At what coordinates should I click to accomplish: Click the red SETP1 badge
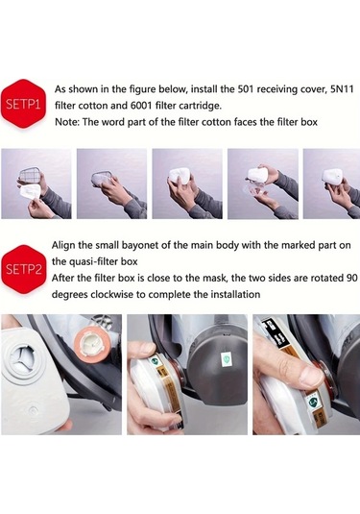click(23, 104)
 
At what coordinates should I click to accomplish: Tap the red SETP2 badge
click(23, 269)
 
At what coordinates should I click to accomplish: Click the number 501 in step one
click(246, 89)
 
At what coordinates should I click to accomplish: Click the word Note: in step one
click(67, 122)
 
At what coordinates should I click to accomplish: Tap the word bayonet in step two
click(140, 245)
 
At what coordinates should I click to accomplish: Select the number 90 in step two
click(351, 278)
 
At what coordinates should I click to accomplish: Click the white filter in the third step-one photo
click(180, 175)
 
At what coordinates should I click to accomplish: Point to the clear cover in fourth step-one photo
click(252, 191)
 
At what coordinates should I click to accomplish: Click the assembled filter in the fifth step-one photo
click(332, 179)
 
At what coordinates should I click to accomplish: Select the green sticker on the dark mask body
click(226, 360)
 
